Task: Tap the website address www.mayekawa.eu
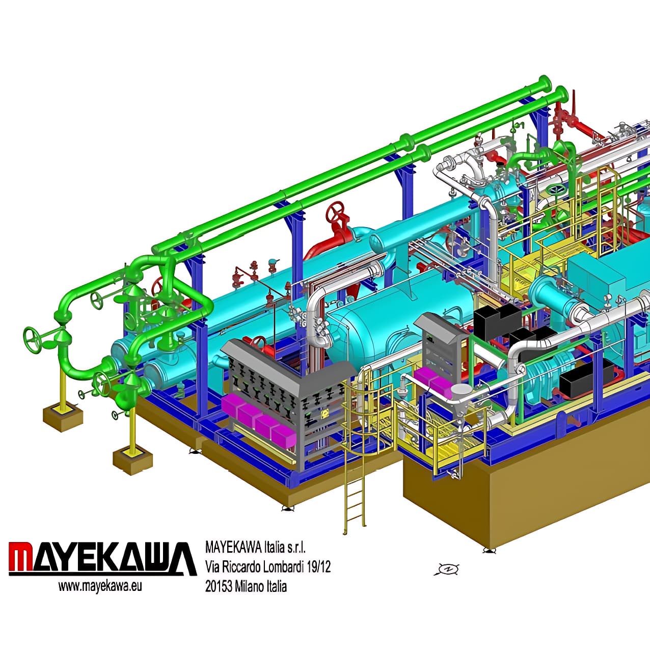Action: [100, 586]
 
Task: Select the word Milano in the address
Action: [251, 586]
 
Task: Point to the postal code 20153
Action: [219, 586]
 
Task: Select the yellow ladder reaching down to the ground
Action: [355, 489]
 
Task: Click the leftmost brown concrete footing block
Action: [63, 417]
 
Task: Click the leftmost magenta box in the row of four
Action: [232, 408]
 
